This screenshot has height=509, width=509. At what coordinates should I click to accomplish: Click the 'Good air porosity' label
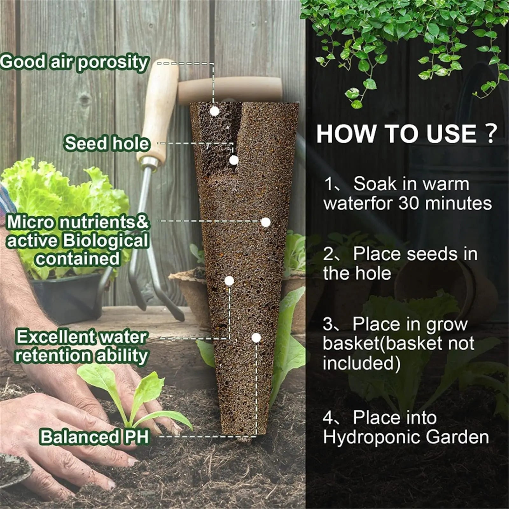pyautogui.click(x=74, y=62)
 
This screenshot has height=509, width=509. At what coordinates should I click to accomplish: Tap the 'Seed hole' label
pyautogui.click(x=107, y=143)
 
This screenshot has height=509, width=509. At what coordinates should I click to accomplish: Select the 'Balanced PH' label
pyautogui.click(x=94, y=437)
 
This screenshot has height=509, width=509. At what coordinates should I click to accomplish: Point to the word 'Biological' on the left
pyautogui.click(x=105, y=241)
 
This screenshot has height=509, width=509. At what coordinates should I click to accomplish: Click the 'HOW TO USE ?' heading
pyautogui.click(x=406, y=134)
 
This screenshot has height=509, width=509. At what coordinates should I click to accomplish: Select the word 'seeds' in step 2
pyautogui.click(x=432, y=254)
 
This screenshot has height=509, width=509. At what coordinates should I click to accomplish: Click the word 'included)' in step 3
pyautogui.click(x=361, y=363)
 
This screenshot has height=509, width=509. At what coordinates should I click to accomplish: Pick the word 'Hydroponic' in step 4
pyautogui.click(x=372, y=437)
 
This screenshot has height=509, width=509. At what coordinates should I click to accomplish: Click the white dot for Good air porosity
pyautogui.click(x=215, y=111)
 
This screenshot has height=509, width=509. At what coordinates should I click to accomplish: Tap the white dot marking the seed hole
pyautogui.click(x=234, y=160)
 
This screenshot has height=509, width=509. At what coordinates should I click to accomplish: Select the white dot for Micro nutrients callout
pyautogui.click(x=266, y=222)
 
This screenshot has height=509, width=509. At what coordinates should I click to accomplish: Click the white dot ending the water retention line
pyautogui.click(x=229, y=281)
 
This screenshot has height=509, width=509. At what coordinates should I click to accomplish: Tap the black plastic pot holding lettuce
pyautogui.click(x=67, y=296)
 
